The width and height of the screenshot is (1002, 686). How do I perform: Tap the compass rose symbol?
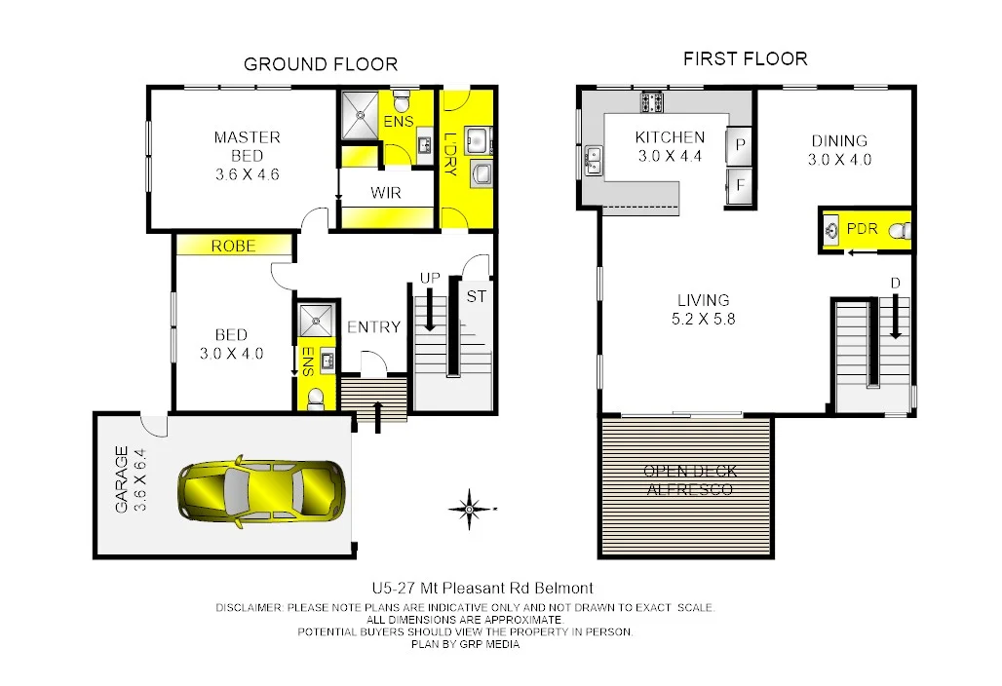pos(469,508)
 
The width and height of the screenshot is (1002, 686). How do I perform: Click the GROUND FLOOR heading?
pos(320,65)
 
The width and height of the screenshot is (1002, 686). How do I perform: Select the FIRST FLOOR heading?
pos(745,59)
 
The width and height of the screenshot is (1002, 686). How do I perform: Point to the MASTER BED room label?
pos(247,146)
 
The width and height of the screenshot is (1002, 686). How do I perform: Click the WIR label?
pos(385,193)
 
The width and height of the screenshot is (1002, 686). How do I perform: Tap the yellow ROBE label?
pos(233,247)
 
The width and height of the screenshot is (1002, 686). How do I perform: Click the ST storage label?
pos(476,296)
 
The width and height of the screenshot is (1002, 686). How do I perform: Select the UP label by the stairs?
pos(429,279)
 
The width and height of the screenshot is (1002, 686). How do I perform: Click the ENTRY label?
pos(373,327)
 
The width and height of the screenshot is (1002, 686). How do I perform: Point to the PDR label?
pos(862,229)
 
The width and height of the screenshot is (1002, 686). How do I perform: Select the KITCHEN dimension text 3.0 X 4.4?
pos(670,156)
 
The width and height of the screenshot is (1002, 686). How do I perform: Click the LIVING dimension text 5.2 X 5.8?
pos(703,319)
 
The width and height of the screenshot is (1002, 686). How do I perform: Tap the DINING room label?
pos(838,141)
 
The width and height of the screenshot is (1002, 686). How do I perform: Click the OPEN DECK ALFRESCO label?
pos(690,480)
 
